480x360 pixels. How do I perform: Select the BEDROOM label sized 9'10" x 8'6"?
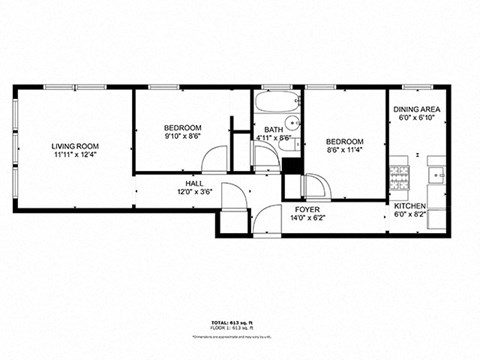click(183, 128)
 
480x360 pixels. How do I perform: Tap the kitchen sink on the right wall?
click(437, 176)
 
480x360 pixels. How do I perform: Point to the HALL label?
click(194, 184)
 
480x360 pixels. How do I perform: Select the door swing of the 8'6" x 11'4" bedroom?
click(314, 186)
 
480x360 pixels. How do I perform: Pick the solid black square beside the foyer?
click(292, 186)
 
